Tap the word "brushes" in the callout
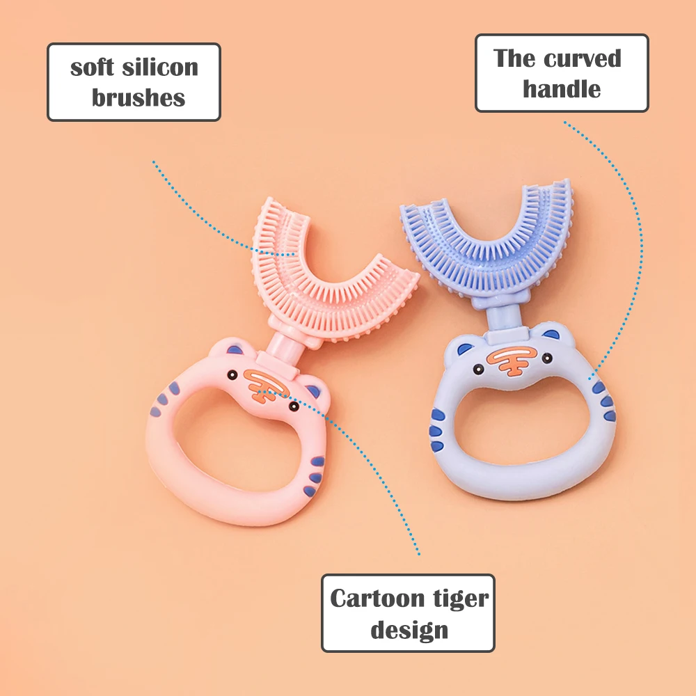(139, 97)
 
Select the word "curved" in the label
(582, 58)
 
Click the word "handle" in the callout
(562, 89)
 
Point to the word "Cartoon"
(377, 599)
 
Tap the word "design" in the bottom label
(409, 630)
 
